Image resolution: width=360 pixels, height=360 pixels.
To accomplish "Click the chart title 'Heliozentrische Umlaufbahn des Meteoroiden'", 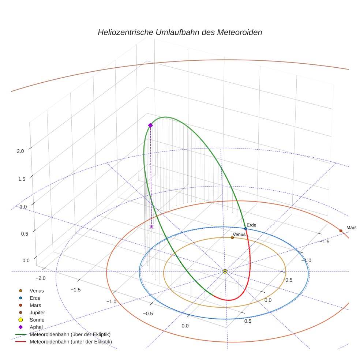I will pos(180,32).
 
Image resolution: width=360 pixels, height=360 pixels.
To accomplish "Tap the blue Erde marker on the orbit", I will pos(245,228).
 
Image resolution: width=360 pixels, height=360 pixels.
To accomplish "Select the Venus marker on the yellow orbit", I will pos(232,237).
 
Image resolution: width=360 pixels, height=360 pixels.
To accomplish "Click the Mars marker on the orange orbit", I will pos(341,231).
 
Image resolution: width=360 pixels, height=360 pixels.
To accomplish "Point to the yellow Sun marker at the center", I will pos(225,271).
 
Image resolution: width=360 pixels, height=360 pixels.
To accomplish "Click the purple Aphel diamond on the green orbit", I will pos(150,125).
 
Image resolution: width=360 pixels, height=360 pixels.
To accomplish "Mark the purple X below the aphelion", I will pos(151,227).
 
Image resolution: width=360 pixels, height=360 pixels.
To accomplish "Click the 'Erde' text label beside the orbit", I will pos(251,225).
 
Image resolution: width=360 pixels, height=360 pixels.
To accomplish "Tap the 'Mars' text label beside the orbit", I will pos(351,228).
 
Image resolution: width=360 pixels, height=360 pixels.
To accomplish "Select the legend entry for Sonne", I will pos(37,320).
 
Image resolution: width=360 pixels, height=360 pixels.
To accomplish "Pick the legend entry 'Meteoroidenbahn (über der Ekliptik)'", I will pos(70,334).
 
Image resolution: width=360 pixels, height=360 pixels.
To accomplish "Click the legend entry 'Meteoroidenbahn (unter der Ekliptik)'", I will pos(71,342).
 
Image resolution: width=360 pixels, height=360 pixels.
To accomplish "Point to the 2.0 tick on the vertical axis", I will pos(20,151).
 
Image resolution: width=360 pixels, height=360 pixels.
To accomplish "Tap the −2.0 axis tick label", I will pos(40,278).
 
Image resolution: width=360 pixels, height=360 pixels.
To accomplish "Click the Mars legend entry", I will pos(35,305).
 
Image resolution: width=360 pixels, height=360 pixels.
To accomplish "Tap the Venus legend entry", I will pos(37,290).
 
